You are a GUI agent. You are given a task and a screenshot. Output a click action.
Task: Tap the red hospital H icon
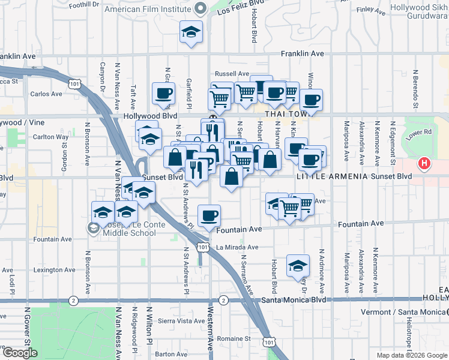[424, 163]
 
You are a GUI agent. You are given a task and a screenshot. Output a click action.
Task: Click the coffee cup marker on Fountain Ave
[209, 216]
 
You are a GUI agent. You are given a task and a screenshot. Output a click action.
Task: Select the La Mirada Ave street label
[237, 247]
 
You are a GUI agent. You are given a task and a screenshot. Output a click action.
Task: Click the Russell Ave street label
[232, 74]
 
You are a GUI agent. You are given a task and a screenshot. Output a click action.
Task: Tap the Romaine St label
[234, 338]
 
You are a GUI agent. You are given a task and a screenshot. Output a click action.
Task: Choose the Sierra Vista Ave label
[181, 321]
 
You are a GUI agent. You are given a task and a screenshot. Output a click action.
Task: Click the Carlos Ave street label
[46, 94]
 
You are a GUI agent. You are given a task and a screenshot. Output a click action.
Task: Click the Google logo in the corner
[20, 353]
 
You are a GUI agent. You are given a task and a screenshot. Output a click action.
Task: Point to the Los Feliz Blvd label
[240, 7]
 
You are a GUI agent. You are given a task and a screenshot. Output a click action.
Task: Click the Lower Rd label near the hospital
[419, 133]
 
